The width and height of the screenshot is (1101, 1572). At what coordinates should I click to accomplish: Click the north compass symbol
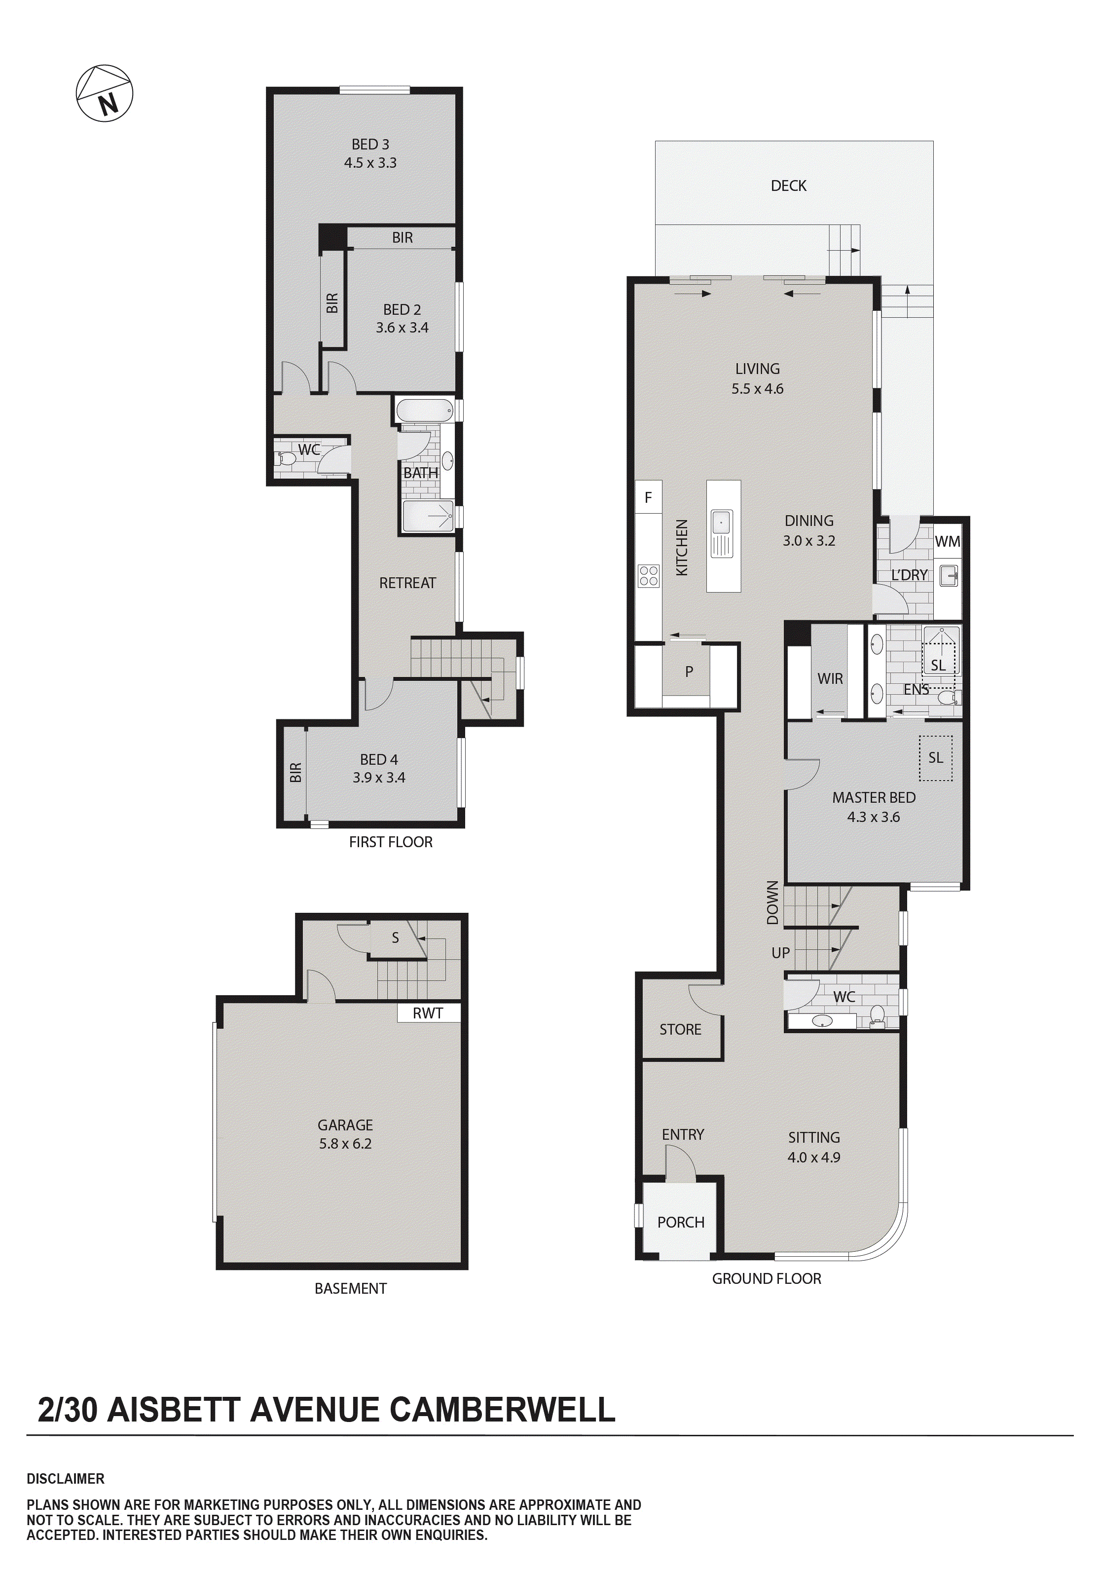coord(104,94)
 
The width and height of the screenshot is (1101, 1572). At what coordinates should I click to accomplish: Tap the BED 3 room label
coord(370,145)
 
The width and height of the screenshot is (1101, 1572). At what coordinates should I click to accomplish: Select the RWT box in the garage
coord(428,1013)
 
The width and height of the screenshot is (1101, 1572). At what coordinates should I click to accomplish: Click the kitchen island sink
coord(721,524)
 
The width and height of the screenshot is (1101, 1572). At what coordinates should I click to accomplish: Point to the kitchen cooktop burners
coord(648,576)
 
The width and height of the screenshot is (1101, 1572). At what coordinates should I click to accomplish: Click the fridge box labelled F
coord(648,498)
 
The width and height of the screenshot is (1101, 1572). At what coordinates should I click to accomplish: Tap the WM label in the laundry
coord(947,542)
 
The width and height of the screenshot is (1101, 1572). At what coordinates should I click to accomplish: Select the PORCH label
coord(681,1222)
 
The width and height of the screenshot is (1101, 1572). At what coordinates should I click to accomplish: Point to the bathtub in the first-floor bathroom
coord(425,411)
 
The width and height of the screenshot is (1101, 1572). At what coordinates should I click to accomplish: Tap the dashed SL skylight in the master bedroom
coord(935,758)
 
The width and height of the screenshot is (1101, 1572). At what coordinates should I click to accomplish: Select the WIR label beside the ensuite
coord(830,678)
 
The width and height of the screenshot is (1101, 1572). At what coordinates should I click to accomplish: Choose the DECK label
coord(788,186)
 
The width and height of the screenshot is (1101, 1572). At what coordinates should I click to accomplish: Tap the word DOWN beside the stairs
coord(772,902)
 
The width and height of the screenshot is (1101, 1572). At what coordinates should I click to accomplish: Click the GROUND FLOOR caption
coord(766,1278)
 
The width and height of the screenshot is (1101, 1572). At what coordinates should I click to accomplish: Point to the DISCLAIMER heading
coord(66,1479)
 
